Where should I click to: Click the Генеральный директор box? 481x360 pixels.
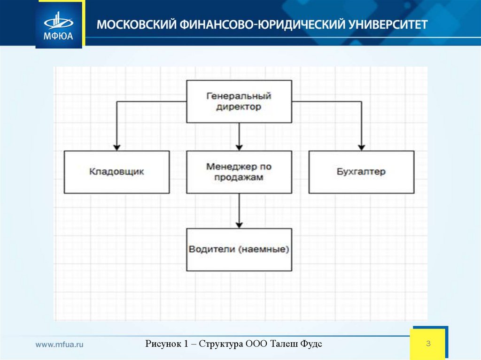pos(239,101)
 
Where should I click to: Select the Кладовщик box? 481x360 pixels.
pos(116,172)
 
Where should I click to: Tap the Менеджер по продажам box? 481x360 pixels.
pos(239,172)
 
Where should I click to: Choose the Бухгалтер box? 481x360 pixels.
pos(361,172)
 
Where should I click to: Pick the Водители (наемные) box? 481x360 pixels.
pos(239,249)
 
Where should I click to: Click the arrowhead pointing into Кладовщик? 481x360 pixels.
pos(116,146)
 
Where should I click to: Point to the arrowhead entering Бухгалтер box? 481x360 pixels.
pos(361,146)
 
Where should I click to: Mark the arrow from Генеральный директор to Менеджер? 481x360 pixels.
pos(239,136)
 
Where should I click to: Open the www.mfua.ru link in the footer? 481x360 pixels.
pos(60,344)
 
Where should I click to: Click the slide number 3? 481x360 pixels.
pos(428,344)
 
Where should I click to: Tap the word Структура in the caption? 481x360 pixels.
pos(220,344)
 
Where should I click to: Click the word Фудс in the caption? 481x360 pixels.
pos(311,344)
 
